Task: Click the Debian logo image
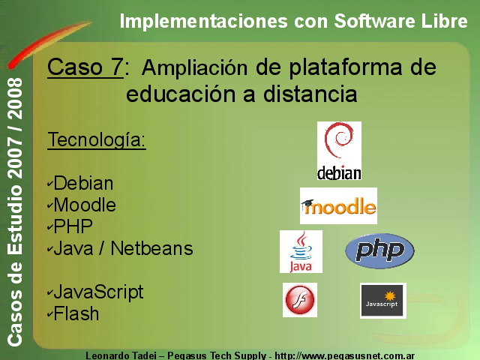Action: coord(339,151)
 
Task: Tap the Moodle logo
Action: coord(338,205)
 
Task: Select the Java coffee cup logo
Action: coord(301,252)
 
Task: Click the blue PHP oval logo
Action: coord(379,251)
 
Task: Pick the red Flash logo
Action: coord(300,300)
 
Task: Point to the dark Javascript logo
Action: coord(383,301)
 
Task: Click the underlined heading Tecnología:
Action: coord(97,140)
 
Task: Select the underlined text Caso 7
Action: coord(85,67)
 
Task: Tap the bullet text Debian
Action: coord(83,183)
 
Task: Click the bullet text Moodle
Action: coord(85,205)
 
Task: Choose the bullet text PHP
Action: coord(73,226)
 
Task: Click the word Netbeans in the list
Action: coord(151,248)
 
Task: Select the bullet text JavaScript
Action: coord(98,292)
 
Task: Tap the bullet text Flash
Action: coord(76,313)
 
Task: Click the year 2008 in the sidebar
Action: coord(15,98)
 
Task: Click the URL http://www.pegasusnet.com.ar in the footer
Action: coord(345,356)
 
